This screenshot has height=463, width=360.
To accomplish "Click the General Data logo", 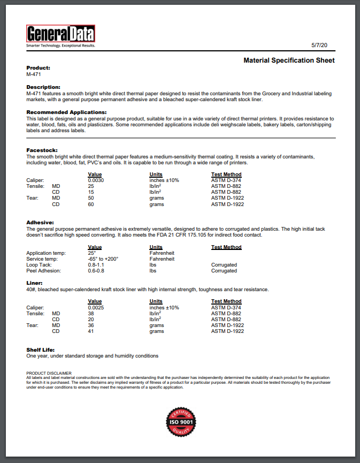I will point(60,36).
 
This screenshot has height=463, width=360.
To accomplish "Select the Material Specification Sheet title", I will point(289,60).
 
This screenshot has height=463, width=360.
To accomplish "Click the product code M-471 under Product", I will point(34,74).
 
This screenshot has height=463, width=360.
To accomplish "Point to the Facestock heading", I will point(41,150).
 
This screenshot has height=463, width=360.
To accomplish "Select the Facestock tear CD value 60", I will point(91,204).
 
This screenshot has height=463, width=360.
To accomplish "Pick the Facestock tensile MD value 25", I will point(91,186).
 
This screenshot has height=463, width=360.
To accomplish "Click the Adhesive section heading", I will point(40,222).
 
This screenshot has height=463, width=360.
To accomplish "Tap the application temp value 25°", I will point(91,253).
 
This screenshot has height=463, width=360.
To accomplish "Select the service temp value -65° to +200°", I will point(103,259).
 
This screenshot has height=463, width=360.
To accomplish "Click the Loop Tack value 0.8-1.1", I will point(97,265).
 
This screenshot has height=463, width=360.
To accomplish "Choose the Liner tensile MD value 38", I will point(91,313).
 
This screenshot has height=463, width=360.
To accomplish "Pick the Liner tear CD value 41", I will point(91,331).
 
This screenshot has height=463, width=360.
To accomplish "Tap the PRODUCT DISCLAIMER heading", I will point(49,373).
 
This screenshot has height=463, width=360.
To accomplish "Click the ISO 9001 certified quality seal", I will point(180,422).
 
